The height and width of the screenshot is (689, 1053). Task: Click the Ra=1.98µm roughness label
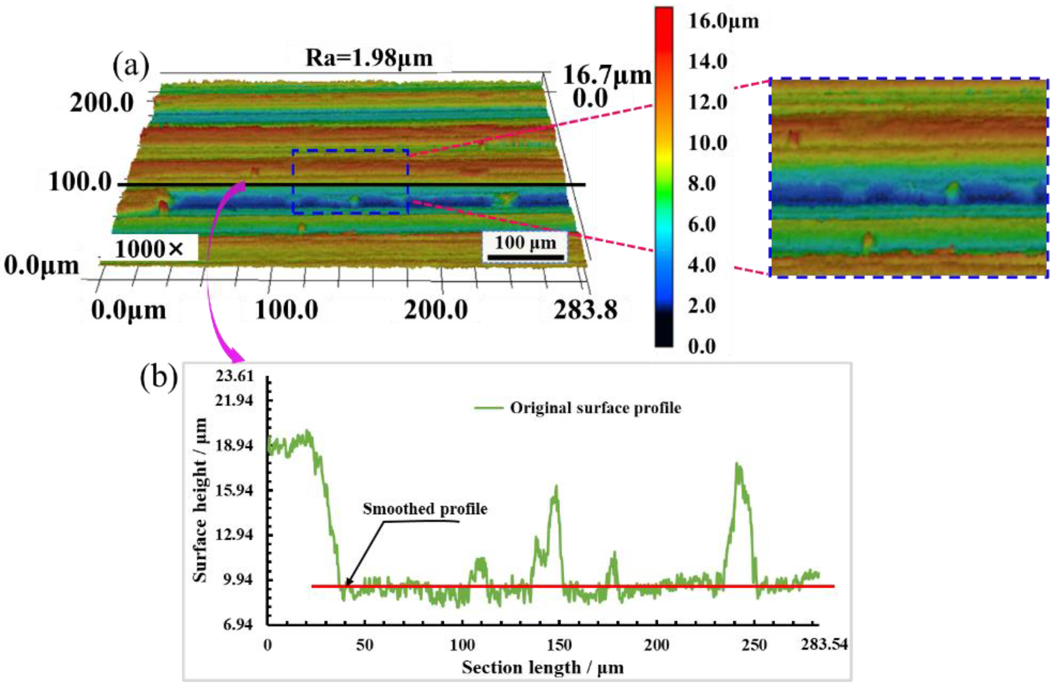click(369, 58)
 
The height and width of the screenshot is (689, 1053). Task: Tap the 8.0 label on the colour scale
click(702, 183)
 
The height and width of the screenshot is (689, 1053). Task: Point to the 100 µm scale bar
click(525, 257)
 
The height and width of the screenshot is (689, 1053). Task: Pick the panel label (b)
click(159, 378)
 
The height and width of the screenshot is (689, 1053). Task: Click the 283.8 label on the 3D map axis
click(585, 310)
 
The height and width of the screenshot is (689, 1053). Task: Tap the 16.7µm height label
click(607, 75)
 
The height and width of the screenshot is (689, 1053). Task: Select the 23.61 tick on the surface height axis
click(235, 376)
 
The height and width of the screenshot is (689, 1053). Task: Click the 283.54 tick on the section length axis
click(824, 644)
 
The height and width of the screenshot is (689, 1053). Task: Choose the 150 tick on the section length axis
click(559, 645)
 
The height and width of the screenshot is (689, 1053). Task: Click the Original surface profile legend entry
click(595, 408)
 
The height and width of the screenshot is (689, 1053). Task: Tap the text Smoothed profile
click(425, 509)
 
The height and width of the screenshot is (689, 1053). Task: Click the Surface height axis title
click(200, 500)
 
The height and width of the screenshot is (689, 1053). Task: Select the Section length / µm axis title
click(543, 667)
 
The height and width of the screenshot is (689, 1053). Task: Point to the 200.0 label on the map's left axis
click(102, 103)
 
